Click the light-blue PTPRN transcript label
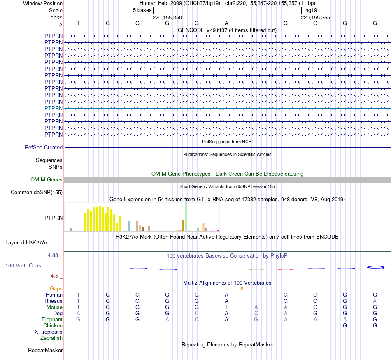pyautogui.click(x=54, y=108)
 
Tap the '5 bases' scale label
pyautogui.click(x=142, y=10)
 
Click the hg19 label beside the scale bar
pyautogui.click(x=311, y=10)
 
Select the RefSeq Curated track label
pyautogui.click(x=44, y=147)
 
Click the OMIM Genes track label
pyautogui.click(x=47, y=179)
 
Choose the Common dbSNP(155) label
pyautogui.click(x=37, y=192)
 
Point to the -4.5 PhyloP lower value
pyautogui.click(x=54, y=276)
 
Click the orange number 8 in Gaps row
pyautogui.click(x=242, y=288)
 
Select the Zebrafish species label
pyautogui.click(x=52, y=338)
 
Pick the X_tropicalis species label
pyautogui.click(x=49, y=332)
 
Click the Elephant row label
pyautogui.click(x=52, y=319)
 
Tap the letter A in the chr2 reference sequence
pyautogui.click(x=226, y=23)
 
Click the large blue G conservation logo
pyautogui.click(x=375, y=267)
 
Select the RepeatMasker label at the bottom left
pyautogui.click(x=45, y=351)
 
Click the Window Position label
pyautogui.click(x=43, y=3)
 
